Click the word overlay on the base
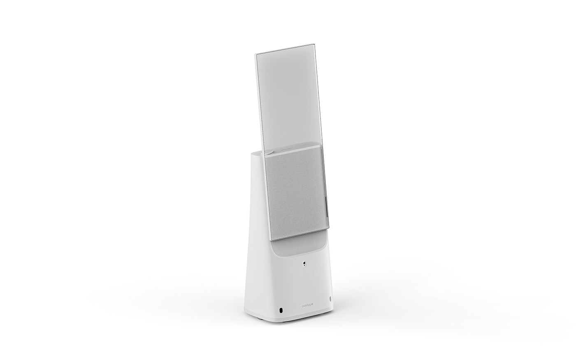pyautogui.click(x=307, y=306)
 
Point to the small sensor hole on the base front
pyautogui.click(x=304, y=262)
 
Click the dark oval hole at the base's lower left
pyautogui.click(x=281, y=309)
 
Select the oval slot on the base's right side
pyautogui.click(x=330, y=298)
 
